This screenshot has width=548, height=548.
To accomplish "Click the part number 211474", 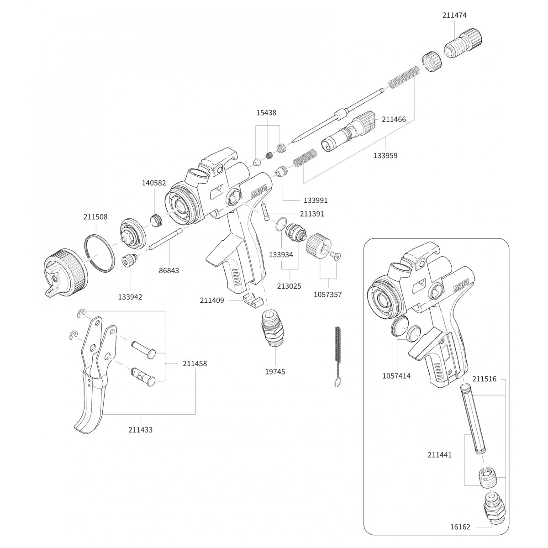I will [x=454, y=15].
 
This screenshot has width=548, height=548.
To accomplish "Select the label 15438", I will [x=266, y=112].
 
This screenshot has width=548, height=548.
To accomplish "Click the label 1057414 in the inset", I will [x=396, y=376].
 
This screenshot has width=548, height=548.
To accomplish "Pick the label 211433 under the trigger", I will [x=140, y=430].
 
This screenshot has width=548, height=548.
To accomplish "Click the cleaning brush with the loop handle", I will [x=337, y=356].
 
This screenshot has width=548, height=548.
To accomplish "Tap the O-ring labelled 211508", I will [x=99, y=253].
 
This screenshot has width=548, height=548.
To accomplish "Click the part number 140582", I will [x=154, y=182].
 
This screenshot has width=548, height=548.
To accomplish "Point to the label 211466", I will [x=394, y=120].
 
